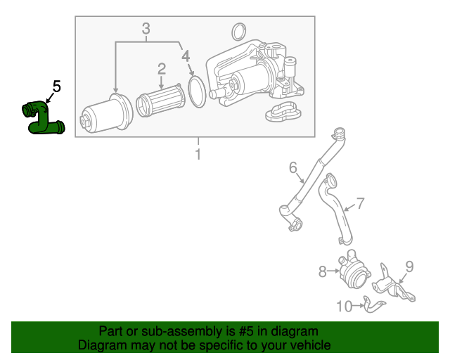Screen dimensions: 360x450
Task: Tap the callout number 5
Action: click(57, 87)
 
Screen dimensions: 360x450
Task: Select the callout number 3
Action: click(146, 29)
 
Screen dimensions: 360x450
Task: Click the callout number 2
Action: click(161, 68)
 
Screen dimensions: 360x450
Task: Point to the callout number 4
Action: click(185, 55)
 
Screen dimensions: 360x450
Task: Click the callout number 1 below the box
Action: click(198, 154)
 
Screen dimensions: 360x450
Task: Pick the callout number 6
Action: click(293, 167)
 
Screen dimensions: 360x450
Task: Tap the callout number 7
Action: click(360, 204)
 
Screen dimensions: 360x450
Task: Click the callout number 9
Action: click(409, 266)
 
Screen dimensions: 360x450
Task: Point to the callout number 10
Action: click(345, 306)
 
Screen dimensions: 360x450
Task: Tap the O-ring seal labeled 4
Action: click(198, 92)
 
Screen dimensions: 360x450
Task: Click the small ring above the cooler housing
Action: click(239, 31)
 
